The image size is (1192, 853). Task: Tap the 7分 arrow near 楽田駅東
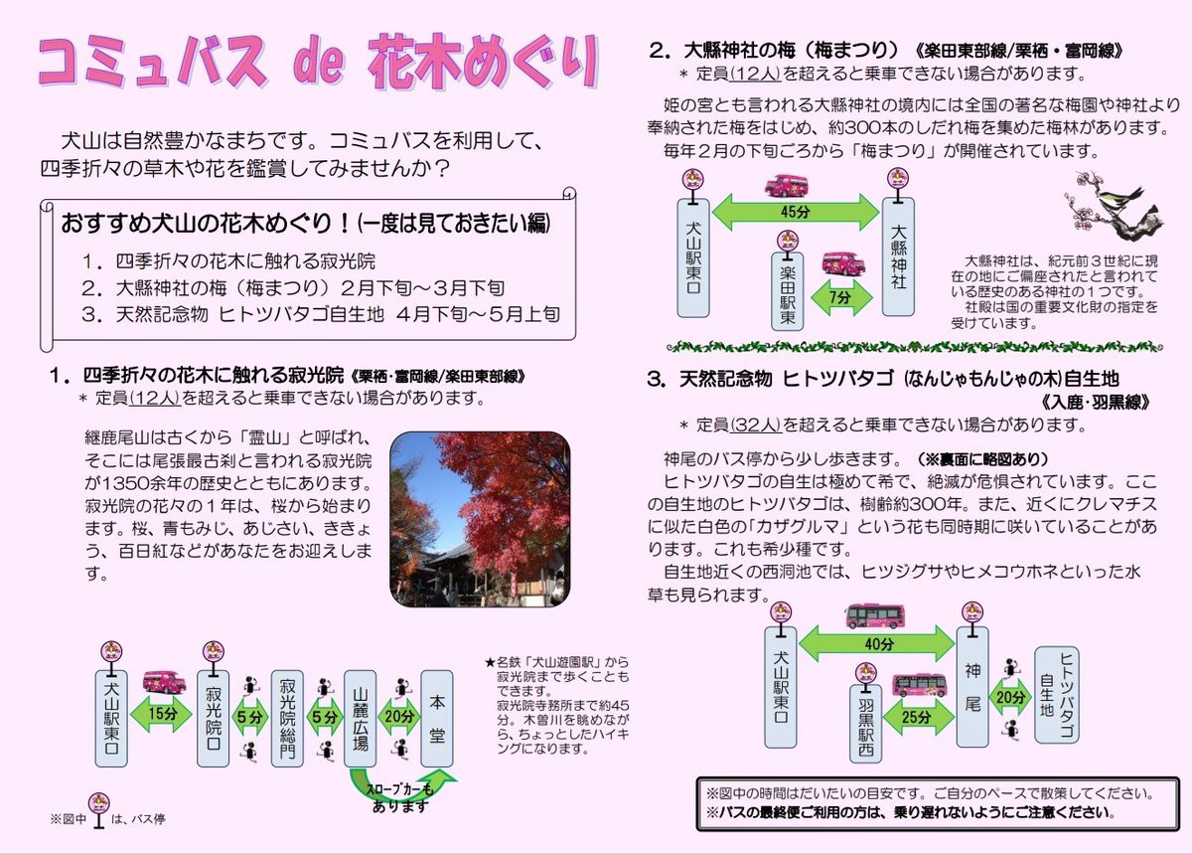(x=841, y=297)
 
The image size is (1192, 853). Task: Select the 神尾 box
(x=971, y=686)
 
